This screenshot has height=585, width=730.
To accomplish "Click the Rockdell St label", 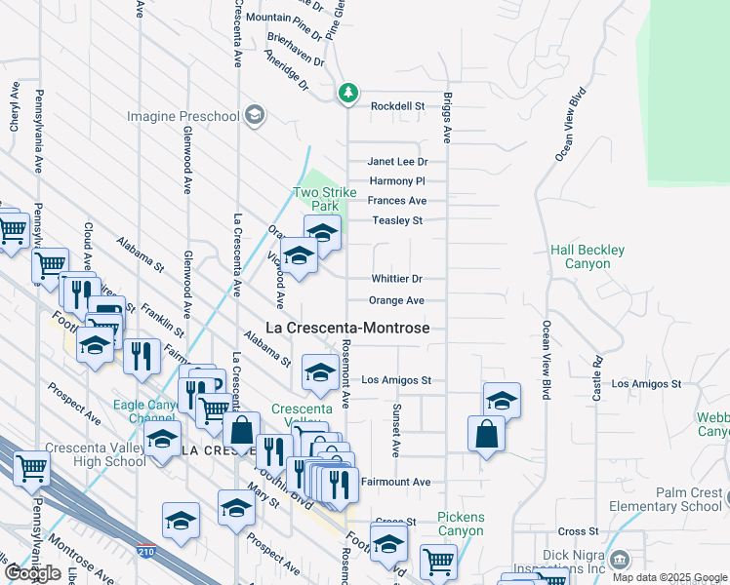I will pos(396,105).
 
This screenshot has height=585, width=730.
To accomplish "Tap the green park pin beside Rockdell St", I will pos(348,94).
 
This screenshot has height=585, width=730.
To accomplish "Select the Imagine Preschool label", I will pos(182,117).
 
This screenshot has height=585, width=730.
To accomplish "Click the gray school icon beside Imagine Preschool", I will pos(255,116).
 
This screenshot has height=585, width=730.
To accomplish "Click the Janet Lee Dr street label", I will pos(397,162).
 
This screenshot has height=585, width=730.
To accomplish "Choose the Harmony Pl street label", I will pos(397,181).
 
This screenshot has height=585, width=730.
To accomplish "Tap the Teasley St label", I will pos(397,220).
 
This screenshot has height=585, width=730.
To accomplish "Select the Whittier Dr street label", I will pos(396,279).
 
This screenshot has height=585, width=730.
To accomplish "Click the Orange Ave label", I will pos(396,300).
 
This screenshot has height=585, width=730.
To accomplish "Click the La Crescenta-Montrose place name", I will pos(347,329).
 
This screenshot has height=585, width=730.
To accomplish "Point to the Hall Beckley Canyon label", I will pos(587,257).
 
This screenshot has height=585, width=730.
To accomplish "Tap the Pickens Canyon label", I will pos(461,524).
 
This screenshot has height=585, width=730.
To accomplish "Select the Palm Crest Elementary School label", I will pos(665,499).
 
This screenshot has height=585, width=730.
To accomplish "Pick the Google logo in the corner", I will pos(32,573).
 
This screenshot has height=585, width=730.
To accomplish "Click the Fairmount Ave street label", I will pos(395,482).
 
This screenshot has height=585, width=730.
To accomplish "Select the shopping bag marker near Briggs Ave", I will pos(486,434).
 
